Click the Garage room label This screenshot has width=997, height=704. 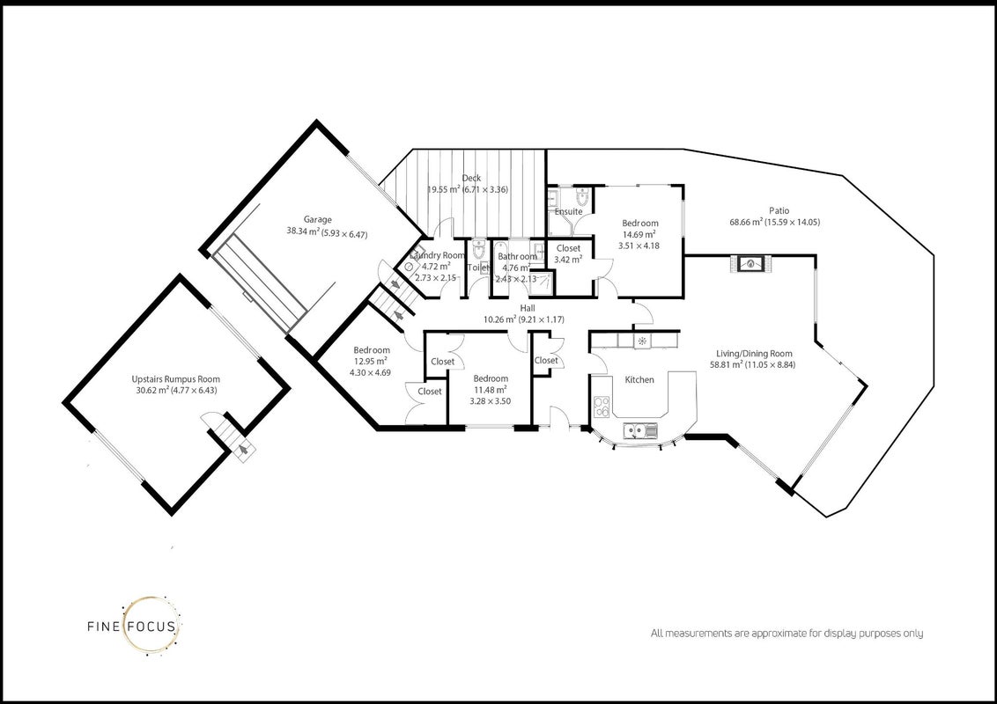tap(317, 220)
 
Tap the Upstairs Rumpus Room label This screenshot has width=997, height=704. tap(176, 379)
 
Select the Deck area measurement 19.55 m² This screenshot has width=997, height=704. tap(444, 189)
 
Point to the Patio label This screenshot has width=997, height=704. tap(779, 210)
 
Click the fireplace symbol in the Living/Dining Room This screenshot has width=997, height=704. tap(751, 264)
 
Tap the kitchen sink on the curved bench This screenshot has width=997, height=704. tap(641, 431)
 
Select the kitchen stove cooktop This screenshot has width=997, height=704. tap(602, 407)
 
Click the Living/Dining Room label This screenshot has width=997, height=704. tap(754, 354)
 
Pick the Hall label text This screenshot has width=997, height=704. tap(527, 308)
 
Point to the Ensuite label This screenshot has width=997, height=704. tap(568, 211)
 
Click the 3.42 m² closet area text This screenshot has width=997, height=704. tap(568, 260)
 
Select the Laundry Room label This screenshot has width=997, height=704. tap(438, 255)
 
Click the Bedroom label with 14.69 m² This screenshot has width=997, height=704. tap(639, 223)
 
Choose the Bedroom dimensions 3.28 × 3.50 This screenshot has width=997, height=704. tap(491, 401)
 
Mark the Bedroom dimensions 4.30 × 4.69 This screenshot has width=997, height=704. tap(370, 373)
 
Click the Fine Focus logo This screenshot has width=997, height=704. tap(134, 626)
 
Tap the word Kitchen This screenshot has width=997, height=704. tap(639, 379)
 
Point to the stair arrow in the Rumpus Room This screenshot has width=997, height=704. tap(243, 451)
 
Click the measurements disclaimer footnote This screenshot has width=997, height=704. tap(787, 634)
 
